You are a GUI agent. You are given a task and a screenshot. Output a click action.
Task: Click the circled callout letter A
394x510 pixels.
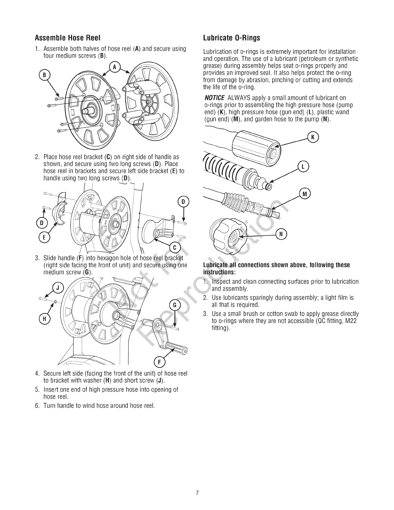point(114,67)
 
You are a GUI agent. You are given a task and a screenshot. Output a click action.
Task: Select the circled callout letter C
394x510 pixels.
point(175,248)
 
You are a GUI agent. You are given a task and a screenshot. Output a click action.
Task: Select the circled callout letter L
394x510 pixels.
point(303,167)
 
